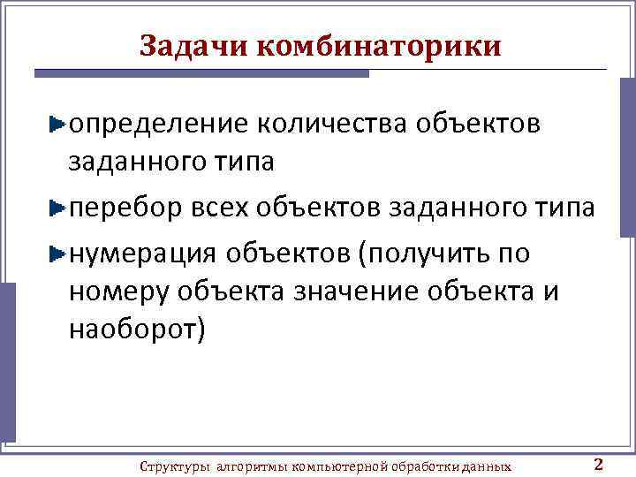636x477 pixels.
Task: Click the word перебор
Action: [125, 208]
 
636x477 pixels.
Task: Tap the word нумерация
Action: [142, 253]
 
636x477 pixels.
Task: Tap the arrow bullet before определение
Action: [57, 125]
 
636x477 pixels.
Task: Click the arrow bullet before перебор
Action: [57, 209]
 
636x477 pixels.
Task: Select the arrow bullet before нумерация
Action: [57, 254]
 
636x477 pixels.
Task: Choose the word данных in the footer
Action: [488, 466]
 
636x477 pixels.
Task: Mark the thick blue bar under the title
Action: [201, 73]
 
